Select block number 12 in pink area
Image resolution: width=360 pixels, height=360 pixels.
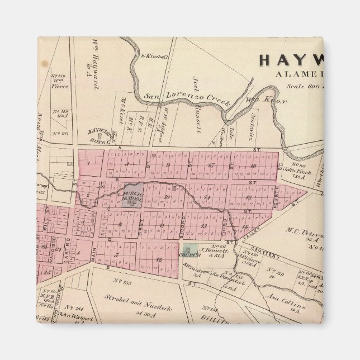[159, 259]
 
